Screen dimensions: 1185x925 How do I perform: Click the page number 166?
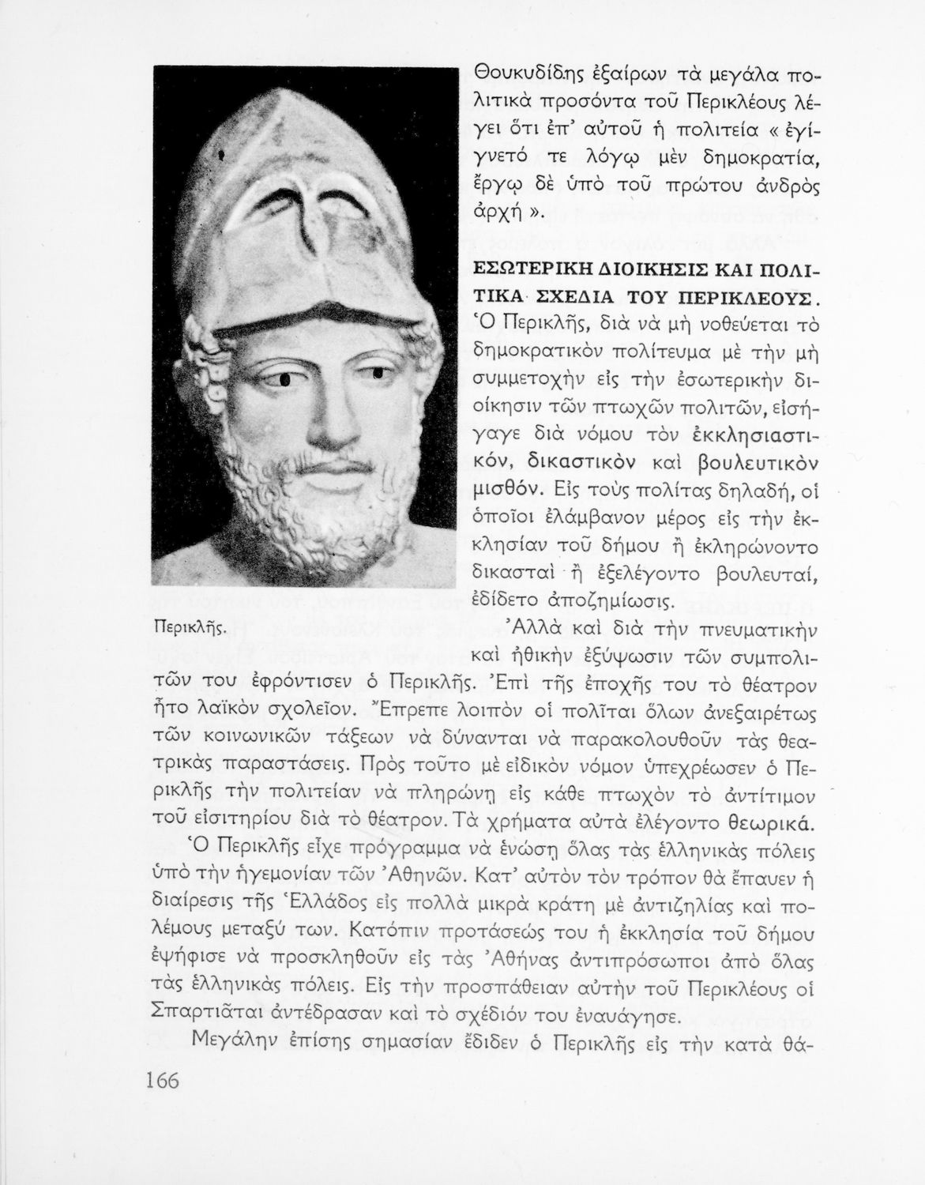coord(162,1079)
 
